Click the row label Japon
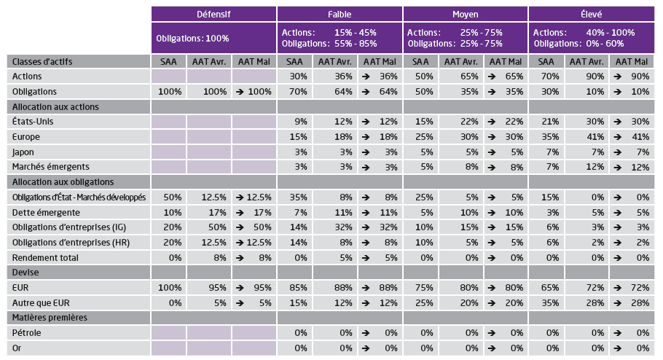coord(26,152)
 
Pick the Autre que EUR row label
coord(42,302)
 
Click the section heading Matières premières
coord(48,318)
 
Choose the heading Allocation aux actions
coord(55,106)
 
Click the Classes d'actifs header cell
coord(43,61)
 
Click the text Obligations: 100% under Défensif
coord(192,38)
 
